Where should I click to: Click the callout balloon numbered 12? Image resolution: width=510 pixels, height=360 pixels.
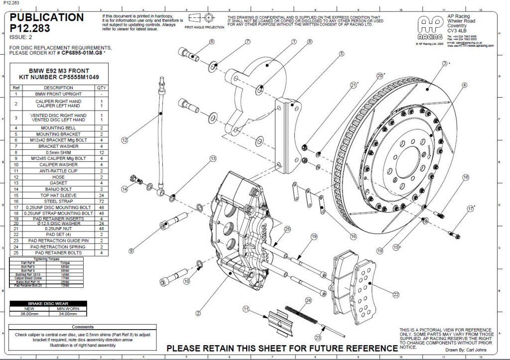[125, 140]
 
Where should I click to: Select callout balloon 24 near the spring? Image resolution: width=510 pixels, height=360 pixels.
[308, 300]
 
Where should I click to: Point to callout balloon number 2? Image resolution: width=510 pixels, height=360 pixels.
[198, 313]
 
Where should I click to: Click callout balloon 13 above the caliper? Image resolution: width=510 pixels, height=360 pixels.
[213, 158]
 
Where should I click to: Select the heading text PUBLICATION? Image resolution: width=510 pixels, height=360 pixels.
[47, 17]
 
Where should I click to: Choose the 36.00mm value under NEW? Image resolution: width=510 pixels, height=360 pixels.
[29, 314]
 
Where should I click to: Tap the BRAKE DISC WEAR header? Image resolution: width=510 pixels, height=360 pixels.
[49, 303]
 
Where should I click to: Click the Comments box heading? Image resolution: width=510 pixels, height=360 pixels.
[76, 327]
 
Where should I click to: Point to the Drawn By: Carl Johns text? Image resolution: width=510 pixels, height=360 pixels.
[463, 350]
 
